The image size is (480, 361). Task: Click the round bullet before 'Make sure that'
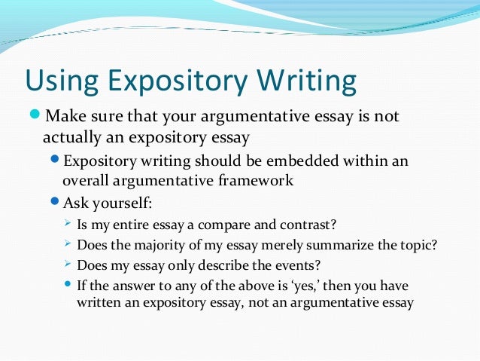(36, 117)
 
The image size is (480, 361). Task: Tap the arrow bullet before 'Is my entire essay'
(68, 223)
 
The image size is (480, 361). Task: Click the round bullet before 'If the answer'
(68, 284)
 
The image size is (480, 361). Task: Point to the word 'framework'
(256, 181)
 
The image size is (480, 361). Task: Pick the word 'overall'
(84, 181)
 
